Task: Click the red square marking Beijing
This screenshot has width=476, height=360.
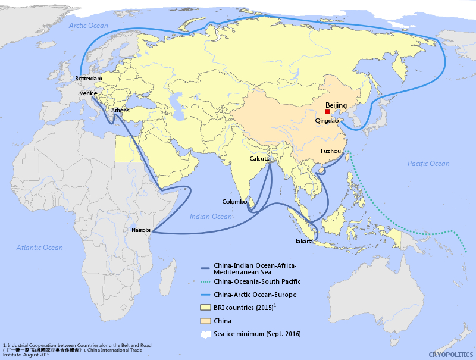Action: click(x=327, y=112)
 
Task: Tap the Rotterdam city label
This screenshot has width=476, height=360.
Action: click(x=89, y=79)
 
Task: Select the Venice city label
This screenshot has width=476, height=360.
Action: click(x=89, y=93)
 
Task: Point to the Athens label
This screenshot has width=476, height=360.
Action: click(x=120, y=111)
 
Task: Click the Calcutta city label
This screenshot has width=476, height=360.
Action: click(x=260, y=159)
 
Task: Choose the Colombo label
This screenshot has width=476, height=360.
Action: click(x=234, y=202)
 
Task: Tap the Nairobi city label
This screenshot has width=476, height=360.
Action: click(x=141, y=230)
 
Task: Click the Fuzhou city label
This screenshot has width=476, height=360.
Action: click(x=330, y=151)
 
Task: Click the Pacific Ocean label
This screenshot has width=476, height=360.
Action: click(x=428, y=164)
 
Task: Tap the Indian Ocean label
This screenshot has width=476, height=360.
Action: click(x=211, y=217)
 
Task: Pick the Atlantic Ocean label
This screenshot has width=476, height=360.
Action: click(x=39, y=248)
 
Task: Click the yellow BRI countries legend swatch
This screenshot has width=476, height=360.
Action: click(x=205, y=308)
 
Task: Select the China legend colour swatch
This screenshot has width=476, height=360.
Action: click(x=205, y=321)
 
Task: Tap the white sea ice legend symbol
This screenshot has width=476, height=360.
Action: click(x=205, y=334)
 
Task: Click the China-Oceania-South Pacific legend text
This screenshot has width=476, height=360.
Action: click(x=257, y=281)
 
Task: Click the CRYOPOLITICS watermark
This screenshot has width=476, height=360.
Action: click(x=451, y=354)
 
